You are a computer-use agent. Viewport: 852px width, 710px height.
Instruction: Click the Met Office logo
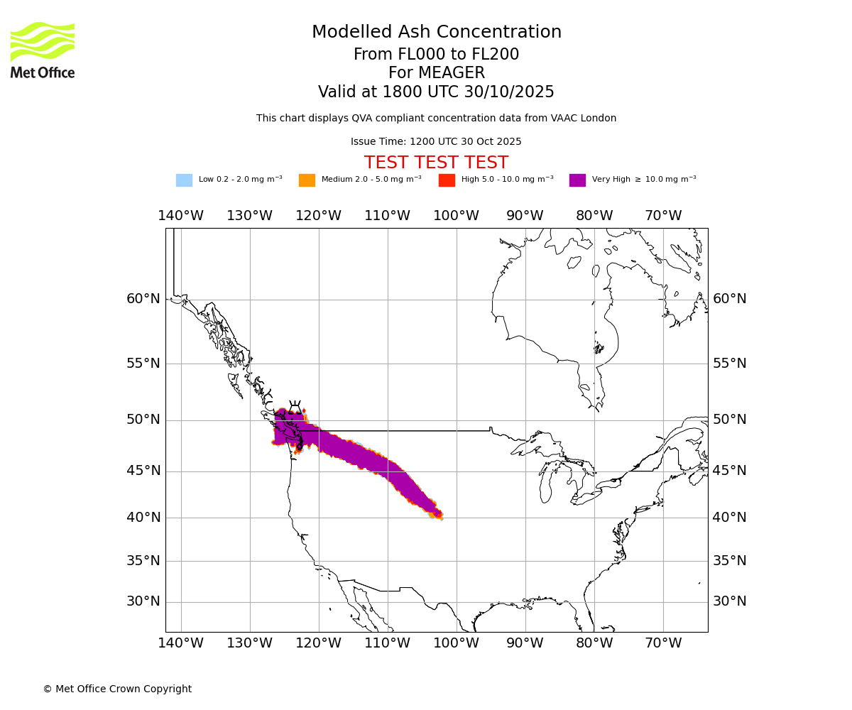click(x=43, y=50)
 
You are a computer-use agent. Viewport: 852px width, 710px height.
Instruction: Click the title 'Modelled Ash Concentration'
click(x=437, y=33)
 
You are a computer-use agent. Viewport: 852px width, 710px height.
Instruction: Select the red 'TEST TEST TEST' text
click(x=436, y=163)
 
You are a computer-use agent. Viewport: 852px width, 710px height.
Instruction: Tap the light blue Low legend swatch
click(x=184, y=180)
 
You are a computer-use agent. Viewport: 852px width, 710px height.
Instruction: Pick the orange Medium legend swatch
click(x=307, y=180)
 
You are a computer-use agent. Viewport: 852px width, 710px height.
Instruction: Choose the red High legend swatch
click(x=447, y=180)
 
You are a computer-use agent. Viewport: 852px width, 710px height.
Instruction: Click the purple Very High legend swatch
click(x=577, y=180)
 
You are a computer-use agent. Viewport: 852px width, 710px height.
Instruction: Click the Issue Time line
click(x=436, y=142)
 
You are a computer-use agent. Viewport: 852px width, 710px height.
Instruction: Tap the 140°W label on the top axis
click(x=180, y=216)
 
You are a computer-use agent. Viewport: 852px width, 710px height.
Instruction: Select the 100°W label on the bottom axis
click(x=456, y=643)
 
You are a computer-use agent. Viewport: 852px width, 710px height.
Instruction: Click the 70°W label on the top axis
click(x=663, y=216)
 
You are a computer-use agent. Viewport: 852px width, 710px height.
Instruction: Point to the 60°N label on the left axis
click(x=143, y=299)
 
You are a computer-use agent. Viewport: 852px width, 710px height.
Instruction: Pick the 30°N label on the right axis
click(x=729, y=601)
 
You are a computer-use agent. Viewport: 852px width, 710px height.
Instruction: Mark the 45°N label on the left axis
click(x=143, y=471)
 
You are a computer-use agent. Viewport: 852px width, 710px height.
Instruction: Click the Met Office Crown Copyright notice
click(x=117, y=689)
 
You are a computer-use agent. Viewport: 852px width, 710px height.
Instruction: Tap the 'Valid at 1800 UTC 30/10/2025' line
click(x=436, y=92)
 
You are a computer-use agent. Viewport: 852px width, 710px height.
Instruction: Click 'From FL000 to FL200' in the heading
click(x=436, y=55)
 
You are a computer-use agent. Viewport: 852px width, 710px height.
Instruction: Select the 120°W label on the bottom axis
click(x=318, y=643)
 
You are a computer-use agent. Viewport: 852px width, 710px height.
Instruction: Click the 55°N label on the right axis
click(x=729, y=364)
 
